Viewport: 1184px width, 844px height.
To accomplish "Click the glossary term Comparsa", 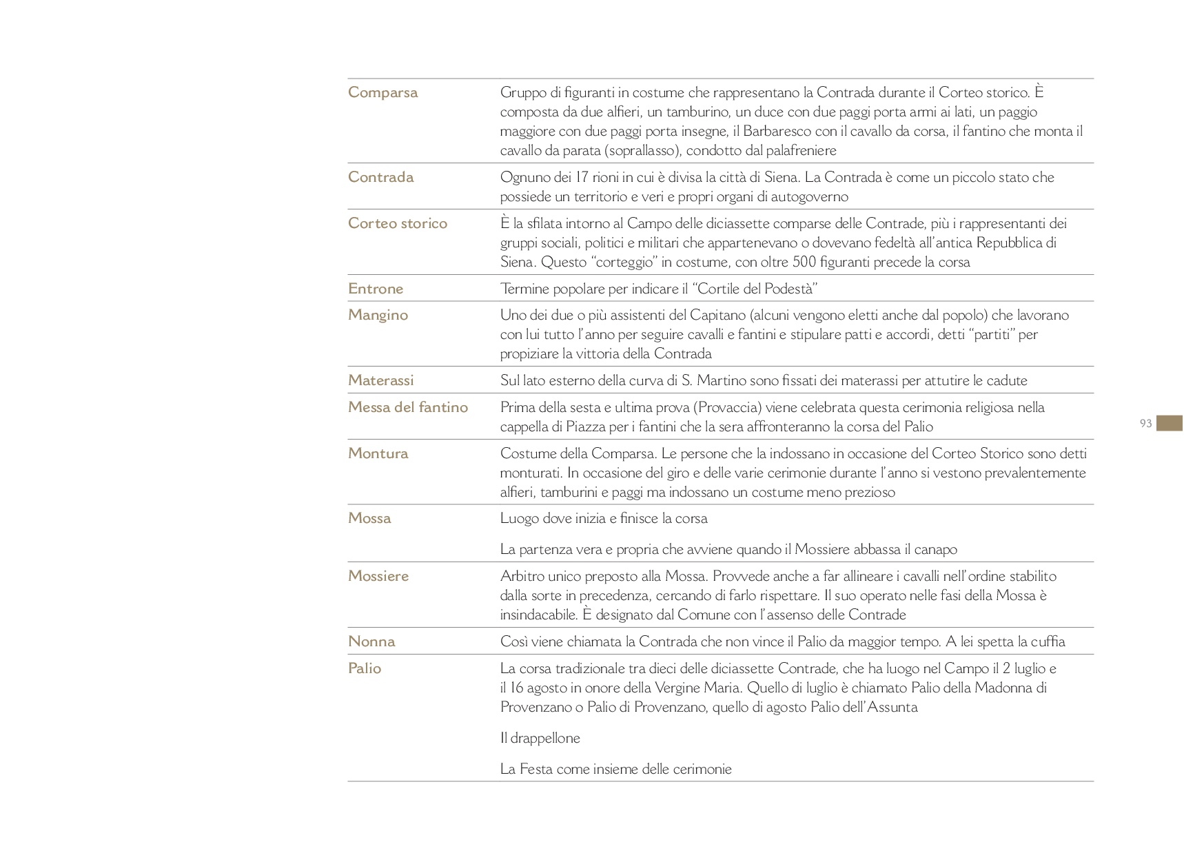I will (382, 92).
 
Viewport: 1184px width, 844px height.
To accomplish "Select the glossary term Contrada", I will (380, 177).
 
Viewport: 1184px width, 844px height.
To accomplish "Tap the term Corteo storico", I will (398, 223).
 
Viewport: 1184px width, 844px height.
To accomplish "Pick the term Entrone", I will (376, 289).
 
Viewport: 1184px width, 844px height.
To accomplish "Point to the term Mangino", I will (378, 315).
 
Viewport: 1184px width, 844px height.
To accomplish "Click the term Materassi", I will (380, 380).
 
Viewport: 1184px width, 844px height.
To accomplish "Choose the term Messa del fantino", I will (408, 407).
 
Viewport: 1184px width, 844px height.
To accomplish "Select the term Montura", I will (378, 453).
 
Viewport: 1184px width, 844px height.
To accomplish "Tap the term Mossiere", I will (378, 576).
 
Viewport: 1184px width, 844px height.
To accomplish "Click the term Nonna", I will (371, 641).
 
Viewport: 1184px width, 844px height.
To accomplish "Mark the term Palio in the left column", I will (365, 668).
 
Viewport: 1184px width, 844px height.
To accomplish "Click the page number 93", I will (1146, 424).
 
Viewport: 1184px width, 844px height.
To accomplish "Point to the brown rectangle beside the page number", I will (1170, 423).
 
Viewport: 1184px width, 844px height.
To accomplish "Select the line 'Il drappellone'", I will (540, 738).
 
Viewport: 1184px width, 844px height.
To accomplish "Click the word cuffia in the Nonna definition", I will (1048, 641).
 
